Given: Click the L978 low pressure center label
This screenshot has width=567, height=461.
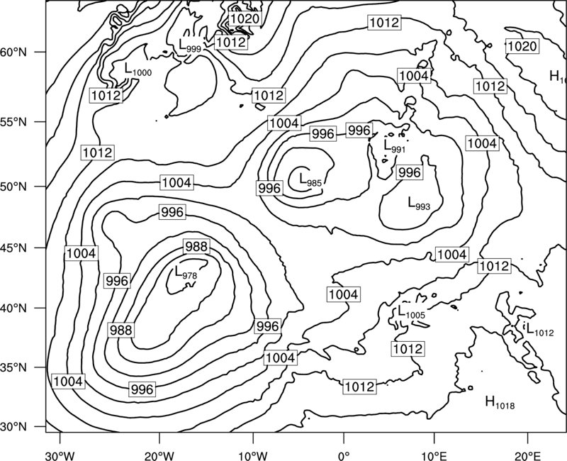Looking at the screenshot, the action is point(186,272).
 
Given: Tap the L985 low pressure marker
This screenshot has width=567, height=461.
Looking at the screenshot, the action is point(310,180).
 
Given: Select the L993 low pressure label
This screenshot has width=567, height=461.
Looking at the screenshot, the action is point(419,204).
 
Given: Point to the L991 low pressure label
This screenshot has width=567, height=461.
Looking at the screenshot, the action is point(395,146).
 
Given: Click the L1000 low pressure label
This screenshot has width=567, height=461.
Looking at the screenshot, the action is point(138,70).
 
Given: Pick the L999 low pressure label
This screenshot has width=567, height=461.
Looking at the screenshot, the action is point(190,45).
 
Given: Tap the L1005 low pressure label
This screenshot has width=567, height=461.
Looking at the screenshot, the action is point(412,312).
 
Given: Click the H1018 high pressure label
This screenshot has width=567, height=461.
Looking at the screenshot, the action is point(500,402).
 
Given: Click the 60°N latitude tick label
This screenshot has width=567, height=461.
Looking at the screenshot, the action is point(13,52).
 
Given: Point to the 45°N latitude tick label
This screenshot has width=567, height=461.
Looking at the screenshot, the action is point(13,248).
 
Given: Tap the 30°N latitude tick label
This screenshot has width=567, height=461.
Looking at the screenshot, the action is point(13,427).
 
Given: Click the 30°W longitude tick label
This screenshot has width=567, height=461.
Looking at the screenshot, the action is point(60,455).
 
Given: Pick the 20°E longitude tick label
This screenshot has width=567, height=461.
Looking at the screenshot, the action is point(527,455).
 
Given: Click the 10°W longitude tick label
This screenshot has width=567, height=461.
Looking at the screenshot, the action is point(253,455).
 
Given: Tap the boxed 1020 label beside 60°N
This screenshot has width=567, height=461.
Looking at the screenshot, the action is point(522,46).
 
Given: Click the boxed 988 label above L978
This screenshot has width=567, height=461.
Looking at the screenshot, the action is point(196,247).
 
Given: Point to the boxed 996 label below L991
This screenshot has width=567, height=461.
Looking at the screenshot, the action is point(409,172).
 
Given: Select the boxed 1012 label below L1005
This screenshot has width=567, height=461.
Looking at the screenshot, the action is point(408,349).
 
